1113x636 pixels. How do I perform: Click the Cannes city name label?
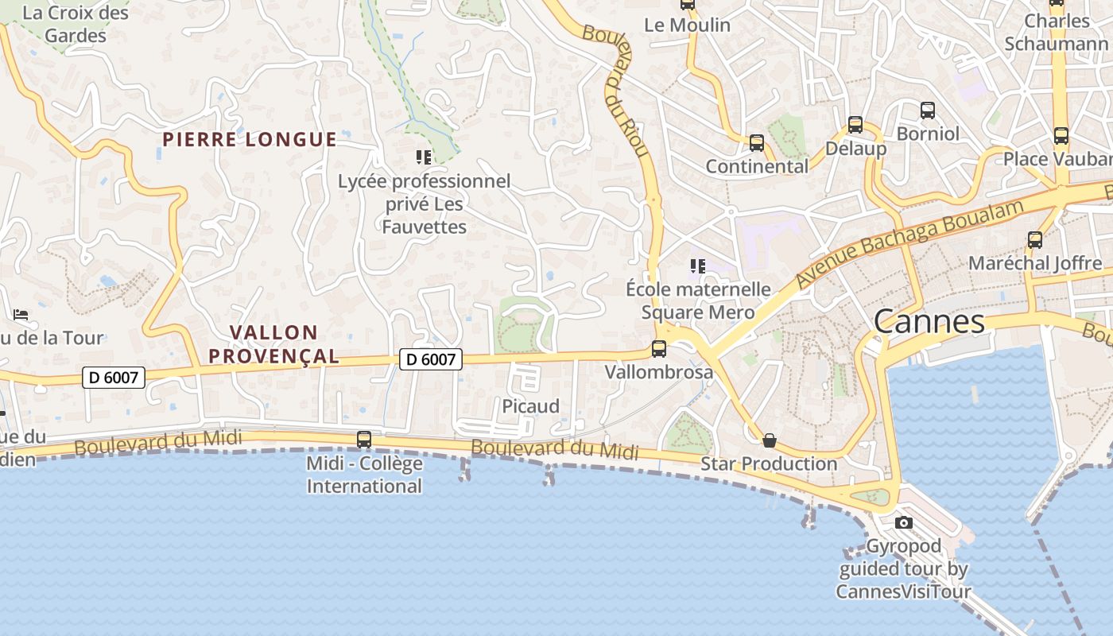click(x=929, y=322)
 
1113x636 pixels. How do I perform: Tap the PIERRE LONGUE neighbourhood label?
click(x=250, y=140)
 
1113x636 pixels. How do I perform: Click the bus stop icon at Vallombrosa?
click(x=658, y=348)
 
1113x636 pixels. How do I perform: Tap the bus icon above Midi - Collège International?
click(x=364, y=439)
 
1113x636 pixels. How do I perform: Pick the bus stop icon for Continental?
click(x=757, y=143)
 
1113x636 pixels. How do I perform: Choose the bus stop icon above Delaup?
click(x=855, y=125)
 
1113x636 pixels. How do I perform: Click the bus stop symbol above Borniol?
click(x=928, y=111)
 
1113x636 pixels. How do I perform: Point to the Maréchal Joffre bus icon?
click(x=1035, y=239)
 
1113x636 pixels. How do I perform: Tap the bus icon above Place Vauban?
click(x=1061, y=136)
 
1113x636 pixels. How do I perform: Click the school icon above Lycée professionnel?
click(x=424, y=157)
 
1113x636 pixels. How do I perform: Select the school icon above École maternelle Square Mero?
click(x=698, y=266)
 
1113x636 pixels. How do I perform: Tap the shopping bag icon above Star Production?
click(x=769, y=440)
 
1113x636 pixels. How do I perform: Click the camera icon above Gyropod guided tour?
click(x=903, y=522)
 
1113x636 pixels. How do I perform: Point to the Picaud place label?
click(x=530, y=406)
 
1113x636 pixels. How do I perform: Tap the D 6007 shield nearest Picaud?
click(x=430, y=359)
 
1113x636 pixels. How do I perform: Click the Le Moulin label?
click(x=687, y=25)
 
